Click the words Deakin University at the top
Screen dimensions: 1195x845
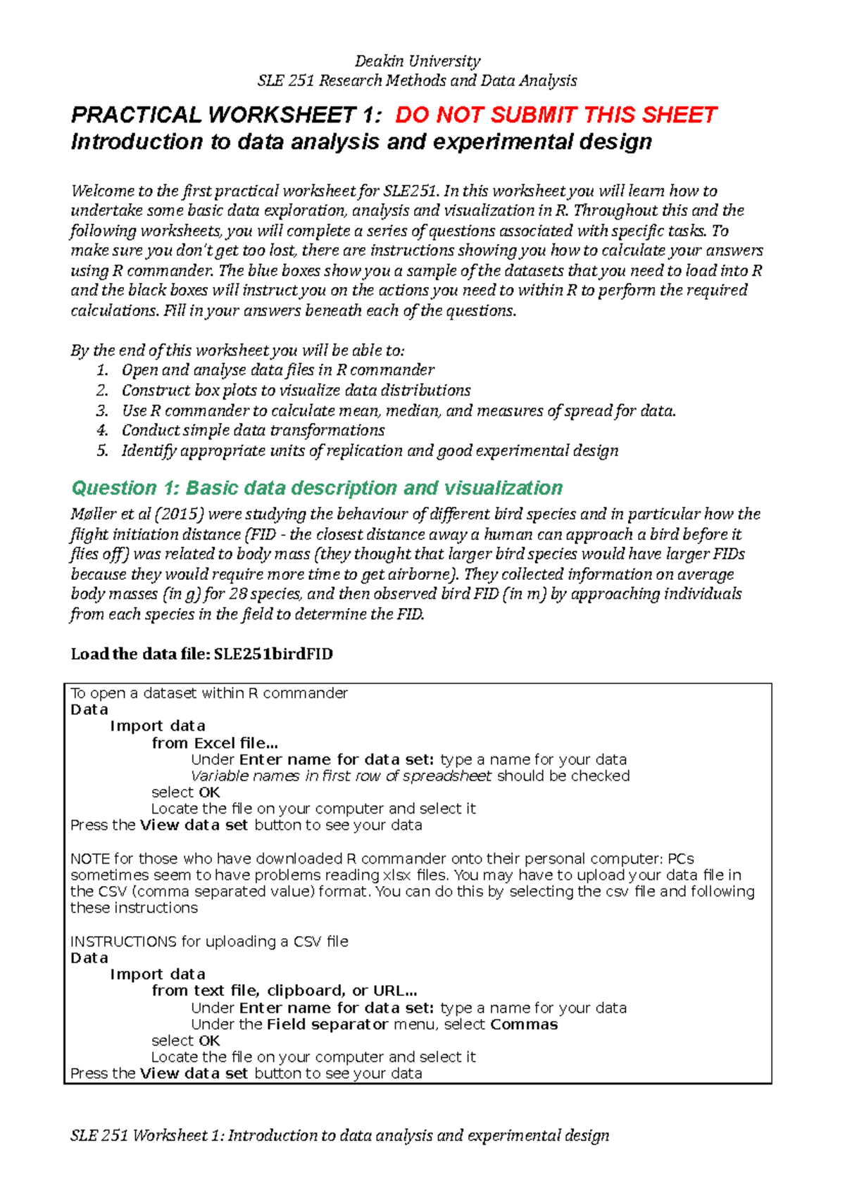pos(418,61)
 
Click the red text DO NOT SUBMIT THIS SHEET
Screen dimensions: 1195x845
pos(556,115)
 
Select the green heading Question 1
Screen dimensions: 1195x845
pos(317,488)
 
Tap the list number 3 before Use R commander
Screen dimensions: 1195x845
pos(102,410)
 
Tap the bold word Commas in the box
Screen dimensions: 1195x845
pos(524,1025)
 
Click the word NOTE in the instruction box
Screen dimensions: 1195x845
pos(89,859)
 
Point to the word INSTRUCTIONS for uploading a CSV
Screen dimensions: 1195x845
pos(123,942)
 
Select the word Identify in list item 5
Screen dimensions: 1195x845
pos(149,450)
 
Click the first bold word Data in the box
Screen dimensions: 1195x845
pos(89,709)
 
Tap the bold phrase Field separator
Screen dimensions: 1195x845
pos(327,1025)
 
